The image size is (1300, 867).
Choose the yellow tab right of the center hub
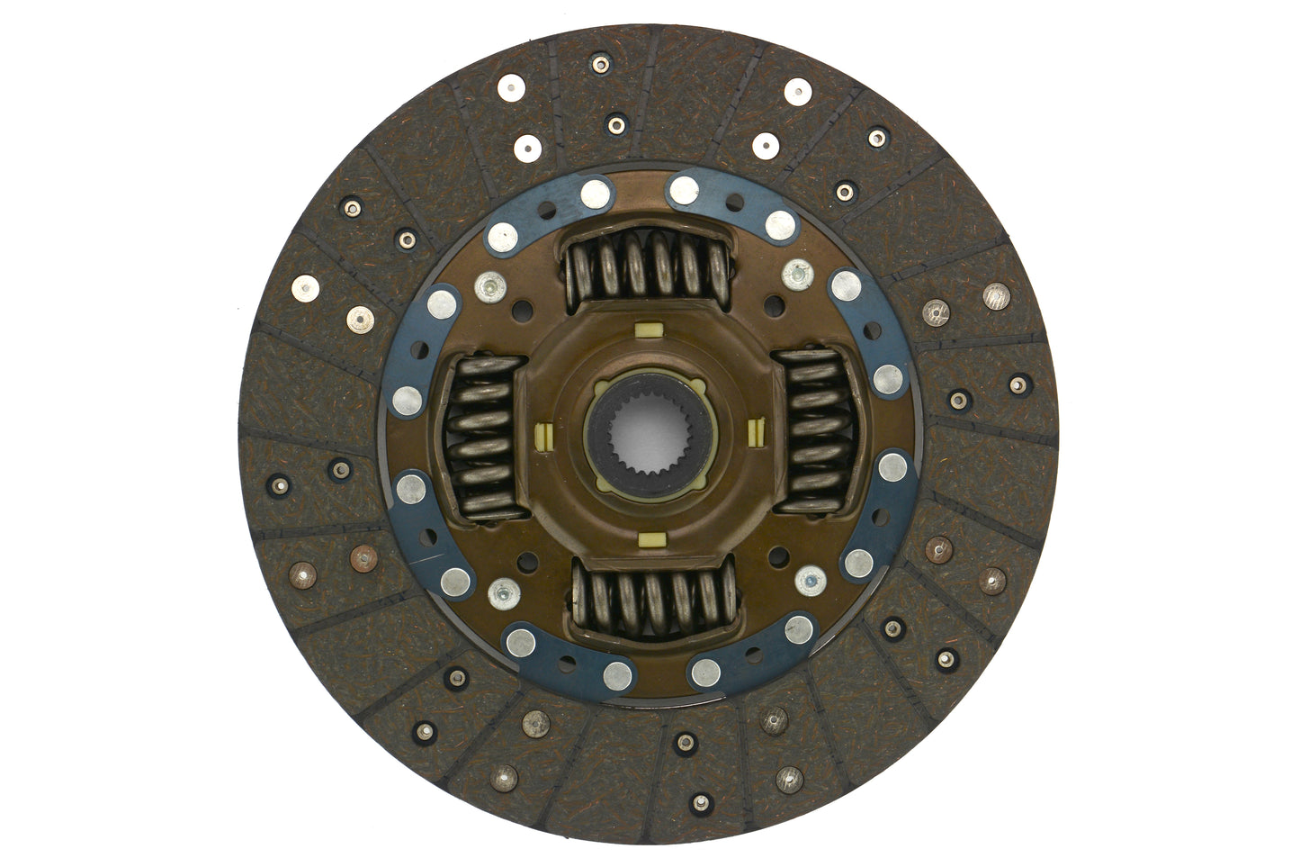(754, 435)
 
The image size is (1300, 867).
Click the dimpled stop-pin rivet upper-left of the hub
(489, 287)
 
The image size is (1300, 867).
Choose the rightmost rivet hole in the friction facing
(1016, 385)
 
